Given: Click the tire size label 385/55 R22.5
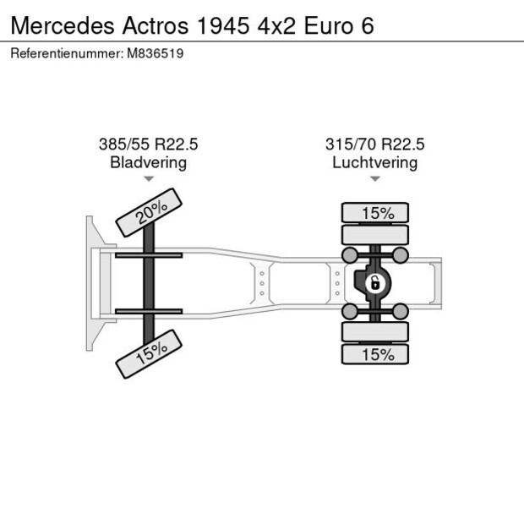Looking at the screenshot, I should click(149, 145).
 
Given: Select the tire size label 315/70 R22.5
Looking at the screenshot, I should click(375, 145).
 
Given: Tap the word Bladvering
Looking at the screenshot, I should click(149, 162).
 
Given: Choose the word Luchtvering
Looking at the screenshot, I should click(375, 162).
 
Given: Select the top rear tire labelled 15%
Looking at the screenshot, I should click(375, 213).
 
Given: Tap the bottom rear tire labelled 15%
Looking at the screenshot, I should click(375, 355).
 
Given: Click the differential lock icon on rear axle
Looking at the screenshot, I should click(373, 283).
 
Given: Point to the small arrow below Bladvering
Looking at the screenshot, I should click(149, 179).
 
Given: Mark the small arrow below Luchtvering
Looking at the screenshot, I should click(375, 179).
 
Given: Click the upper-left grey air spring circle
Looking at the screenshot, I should click(347, 254).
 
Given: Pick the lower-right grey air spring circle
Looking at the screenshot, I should click(401, 313).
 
